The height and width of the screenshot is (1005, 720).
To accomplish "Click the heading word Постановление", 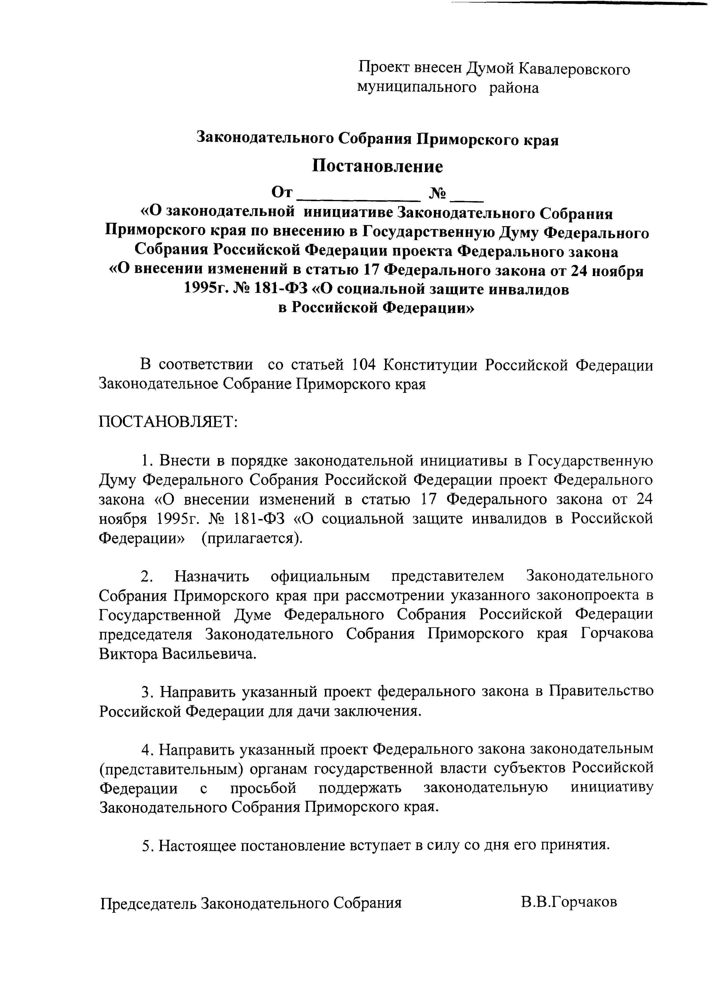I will [377, 166].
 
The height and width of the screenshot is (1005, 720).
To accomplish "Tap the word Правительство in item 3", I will [601, 692].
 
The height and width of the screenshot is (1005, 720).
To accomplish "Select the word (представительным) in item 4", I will [172, 769].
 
